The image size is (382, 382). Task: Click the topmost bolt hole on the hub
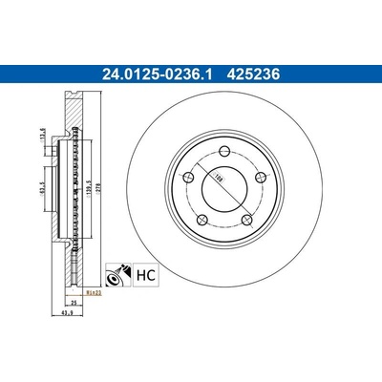(222, 148)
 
